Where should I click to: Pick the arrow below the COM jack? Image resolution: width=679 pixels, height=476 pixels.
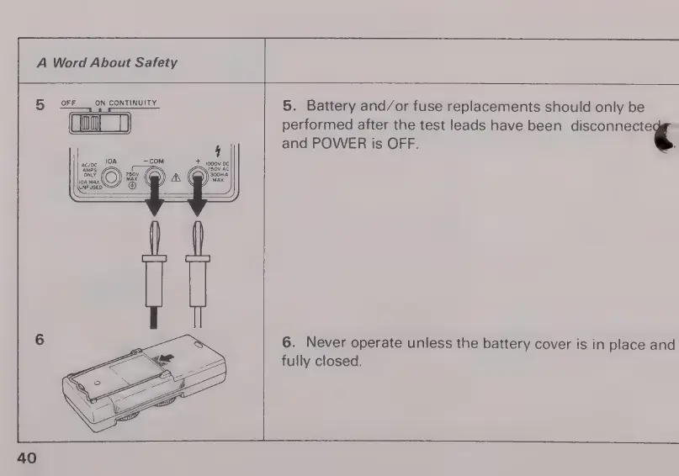[x=154, y=215]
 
